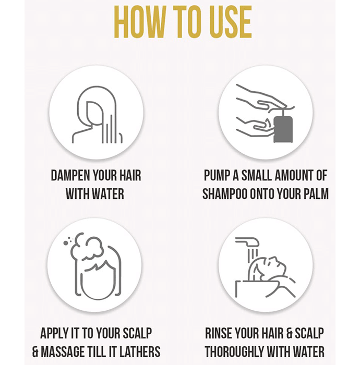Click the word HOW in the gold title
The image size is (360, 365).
(139, 22)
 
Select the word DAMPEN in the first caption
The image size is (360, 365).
(70, 176)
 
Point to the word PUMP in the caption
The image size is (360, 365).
(217, 176)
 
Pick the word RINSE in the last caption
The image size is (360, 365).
(219, 333)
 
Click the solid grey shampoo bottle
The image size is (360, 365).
(283, 129)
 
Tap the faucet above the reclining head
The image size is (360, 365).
(247, 242)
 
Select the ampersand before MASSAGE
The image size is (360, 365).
(35, 351)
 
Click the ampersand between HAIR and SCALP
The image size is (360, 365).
(289, 333)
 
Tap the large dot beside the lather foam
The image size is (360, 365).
(66, 243)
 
